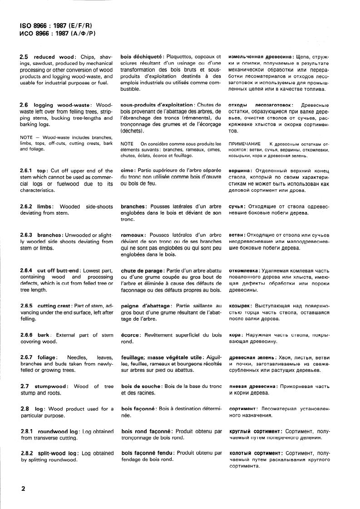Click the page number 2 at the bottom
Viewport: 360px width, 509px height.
[x=22, y=489]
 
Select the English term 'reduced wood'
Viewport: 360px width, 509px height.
[x=54, y=57]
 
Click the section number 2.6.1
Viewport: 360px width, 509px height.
[x=27, y=171]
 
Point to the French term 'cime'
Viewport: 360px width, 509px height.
[x=128, y=171]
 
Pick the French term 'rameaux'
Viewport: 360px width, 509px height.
[x=133, y=235]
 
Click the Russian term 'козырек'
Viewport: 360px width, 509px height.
[x=240, y=306]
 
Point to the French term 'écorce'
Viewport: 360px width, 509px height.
[x=130, y=335]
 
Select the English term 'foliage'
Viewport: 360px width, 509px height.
[x=47, y=358]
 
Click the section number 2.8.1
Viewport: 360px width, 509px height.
[x=27, y=431]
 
